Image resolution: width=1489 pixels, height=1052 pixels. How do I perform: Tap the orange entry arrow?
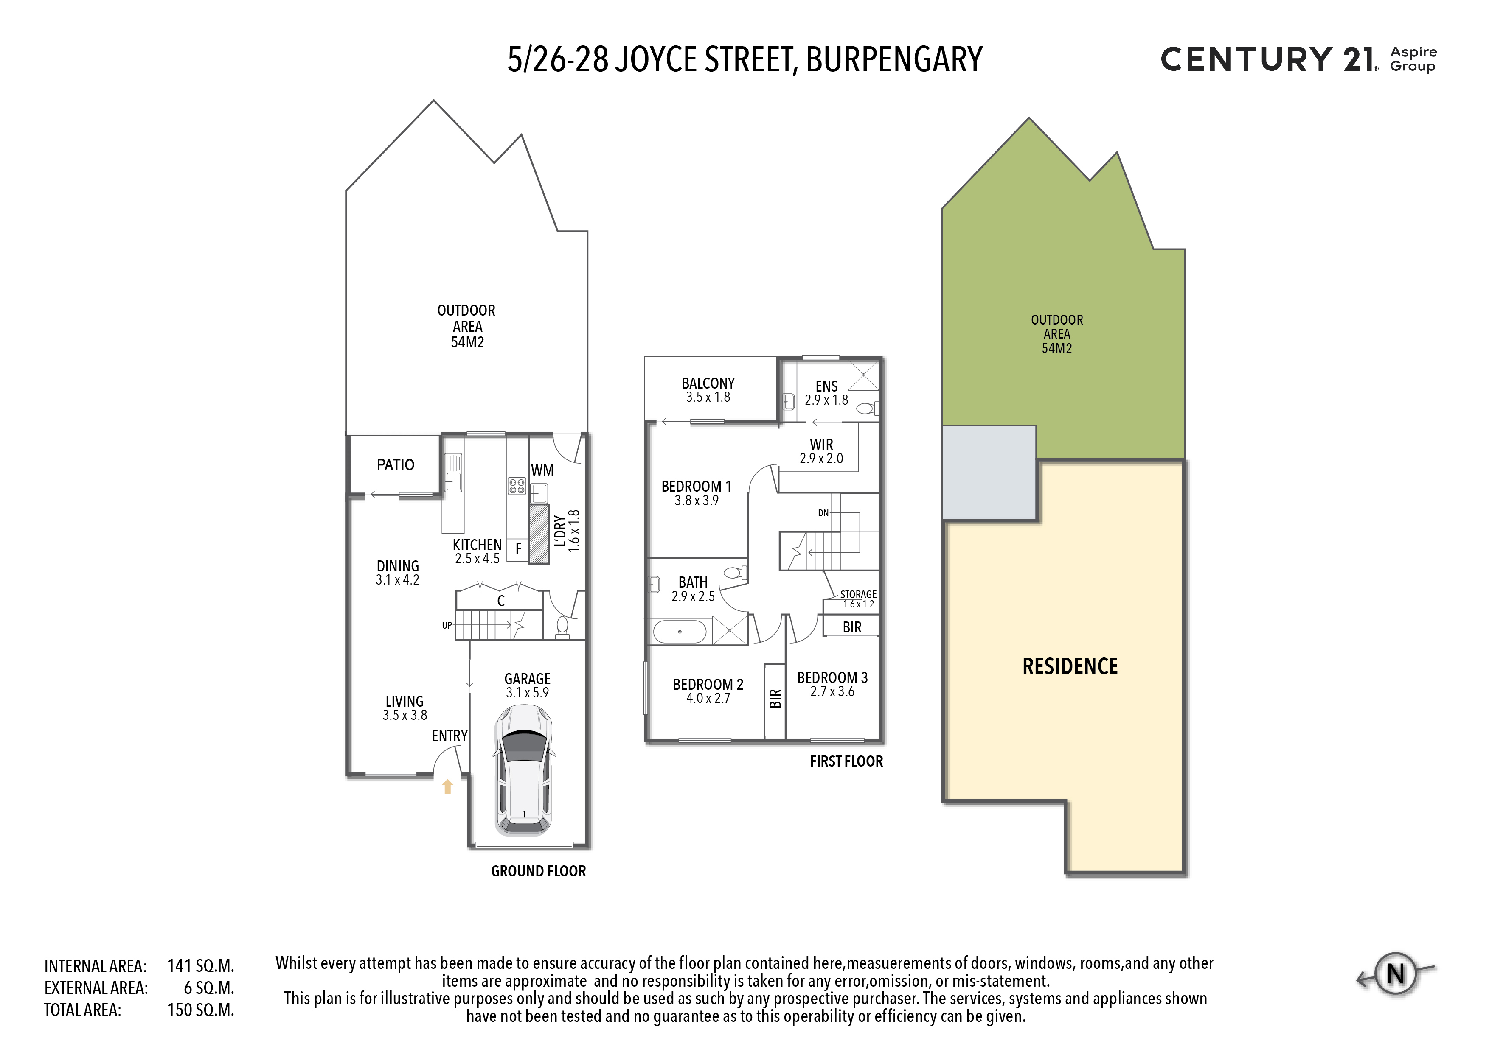pos(447,786)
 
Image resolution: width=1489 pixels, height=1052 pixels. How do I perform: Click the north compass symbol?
pos(1396,974)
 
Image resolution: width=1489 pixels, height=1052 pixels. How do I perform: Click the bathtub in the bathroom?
pos(680,631)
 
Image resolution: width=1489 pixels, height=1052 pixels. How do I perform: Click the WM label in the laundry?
pos(542,470)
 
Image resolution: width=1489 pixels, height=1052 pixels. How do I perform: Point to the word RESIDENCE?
pos(1070,666)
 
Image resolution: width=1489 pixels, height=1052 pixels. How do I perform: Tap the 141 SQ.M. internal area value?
pos(200,966)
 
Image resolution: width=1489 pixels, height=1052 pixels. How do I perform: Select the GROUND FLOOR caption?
pos(538,871)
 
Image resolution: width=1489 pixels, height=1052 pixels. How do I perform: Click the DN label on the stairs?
pos(823,513)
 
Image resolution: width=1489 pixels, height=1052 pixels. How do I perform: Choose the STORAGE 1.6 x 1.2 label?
pos(858,599)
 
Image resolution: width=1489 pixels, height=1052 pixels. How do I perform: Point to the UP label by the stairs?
pos(447,626)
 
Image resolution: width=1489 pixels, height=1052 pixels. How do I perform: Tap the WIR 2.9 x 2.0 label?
pos(821,451)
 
